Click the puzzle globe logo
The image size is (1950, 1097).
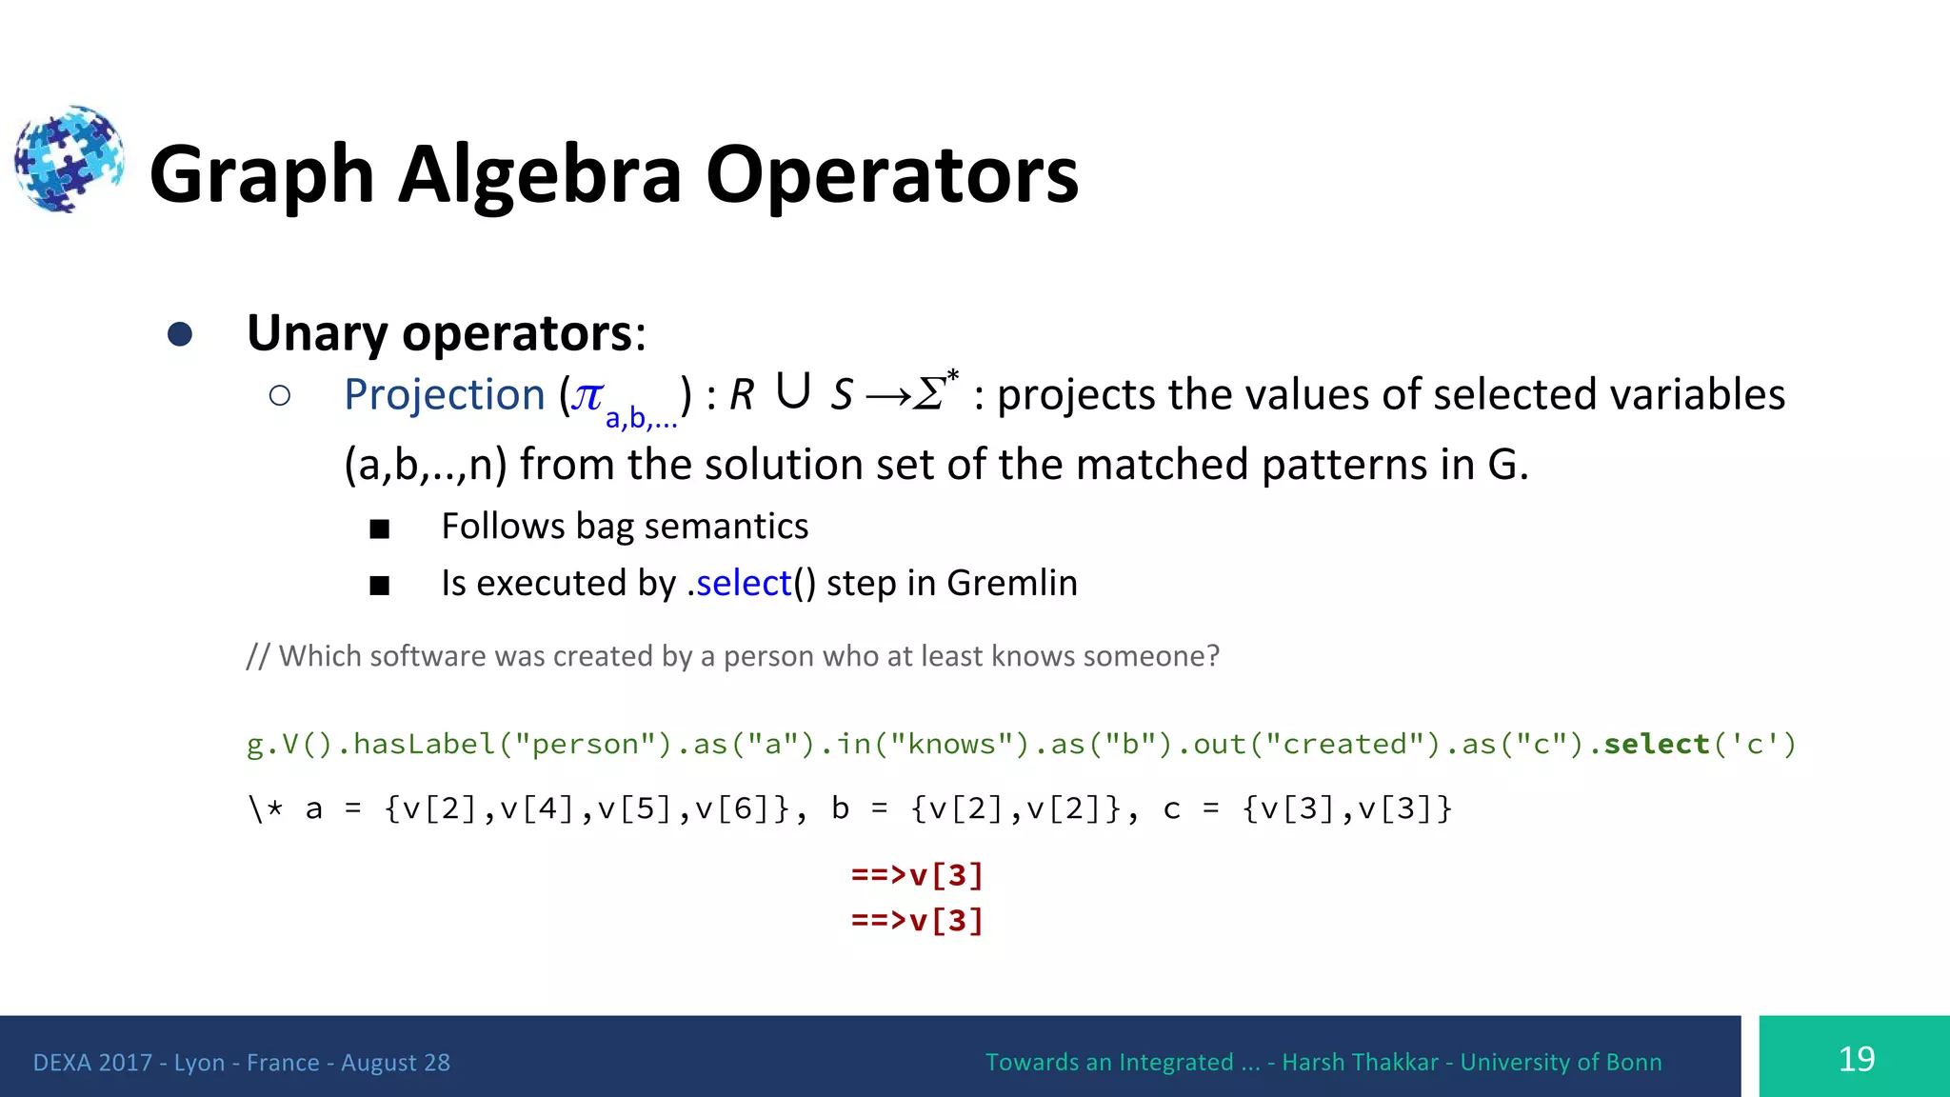click(x=69, y=159)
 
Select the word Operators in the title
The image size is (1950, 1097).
click(x=891, y=175)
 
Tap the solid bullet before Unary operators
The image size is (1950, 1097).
click(x=179, y=334)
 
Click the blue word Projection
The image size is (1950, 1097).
click(x=444, y=394)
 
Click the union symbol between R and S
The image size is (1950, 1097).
click(x=792, y=390)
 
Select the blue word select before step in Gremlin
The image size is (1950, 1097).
click(x=744, y=583)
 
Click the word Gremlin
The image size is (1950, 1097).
click(x=1011, y=583)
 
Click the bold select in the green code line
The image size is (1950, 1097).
click(x=1657, y=744)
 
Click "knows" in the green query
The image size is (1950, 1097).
click(x=952, y=744)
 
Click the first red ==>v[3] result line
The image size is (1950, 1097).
click(x=917, y=874)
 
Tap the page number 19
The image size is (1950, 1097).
click(x=1856, y=1059)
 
